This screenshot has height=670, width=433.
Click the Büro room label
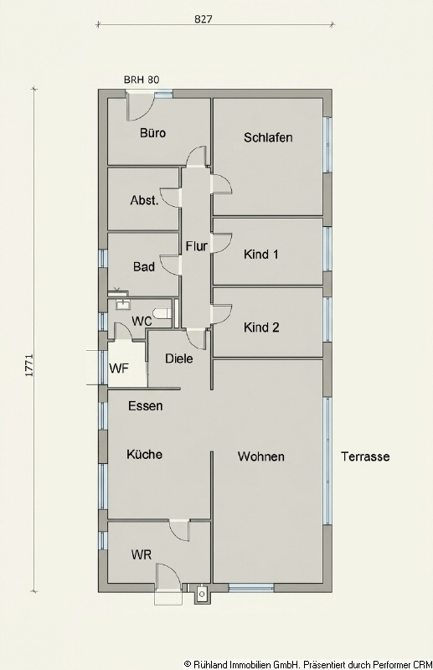(152, 133)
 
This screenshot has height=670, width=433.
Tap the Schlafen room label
(268, 137)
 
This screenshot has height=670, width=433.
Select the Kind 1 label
(261, 254)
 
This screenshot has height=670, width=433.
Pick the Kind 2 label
(261, 327)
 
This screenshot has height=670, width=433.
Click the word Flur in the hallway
(196, 246)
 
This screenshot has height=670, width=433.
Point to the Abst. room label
(144, 201)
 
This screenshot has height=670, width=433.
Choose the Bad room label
(144, 267)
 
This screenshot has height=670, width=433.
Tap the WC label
(142, 322)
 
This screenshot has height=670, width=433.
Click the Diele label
(179, 358)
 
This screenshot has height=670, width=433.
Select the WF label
(118, 369)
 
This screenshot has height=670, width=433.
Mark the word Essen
(145, 406)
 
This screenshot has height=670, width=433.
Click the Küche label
(144, 455)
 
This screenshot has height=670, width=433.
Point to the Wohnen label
(261, 456)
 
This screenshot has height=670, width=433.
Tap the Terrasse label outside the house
(365, 457)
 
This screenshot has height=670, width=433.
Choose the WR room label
(141, 555)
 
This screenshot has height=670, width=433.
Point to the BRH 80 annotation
(142, 80)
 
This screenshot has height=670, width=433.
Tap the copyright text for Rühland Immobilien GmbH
(305, 661)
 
